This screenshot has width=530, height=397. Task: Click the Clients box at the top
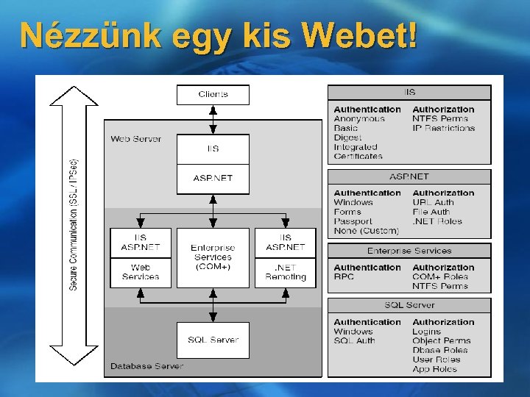point(213,94)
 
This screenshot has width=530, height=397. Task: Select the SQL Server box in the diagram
point(213,340)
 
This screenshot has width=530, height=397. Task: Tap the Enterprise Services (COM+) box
point(213,257)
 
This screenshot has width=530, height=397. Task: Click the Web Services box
point(140,272)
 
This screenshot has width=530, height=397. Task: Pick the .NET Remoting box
point(286,272)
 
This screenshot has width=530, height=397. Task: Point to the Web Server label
point(135,139)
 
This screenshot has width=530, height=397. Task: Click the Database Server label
point(146,365)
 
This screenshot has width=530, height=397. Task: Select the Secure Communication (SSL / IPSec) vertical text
point(74,224)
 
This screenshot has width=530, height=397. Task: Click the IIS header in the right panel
point(409,93)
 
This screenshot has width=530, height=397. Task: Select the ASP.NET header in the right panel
point(409,177)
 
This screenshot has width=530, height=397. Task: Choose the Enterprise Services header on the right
point(409,251)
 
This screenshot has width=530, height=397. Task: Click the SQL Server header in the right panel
point(409,305)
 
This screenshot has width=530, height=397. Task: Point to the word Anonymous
point(359,119)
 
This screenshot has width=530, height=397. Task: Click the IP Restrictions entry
point(443,128)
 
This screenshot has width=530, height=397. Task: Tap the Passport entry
point(353,221)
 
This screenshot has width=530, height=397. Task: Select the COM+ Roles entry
point(439,276)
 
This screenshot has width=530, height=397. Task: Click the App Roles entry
point(434,369)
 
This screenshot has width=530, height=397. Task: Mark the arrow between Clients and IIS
point(213,119)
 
